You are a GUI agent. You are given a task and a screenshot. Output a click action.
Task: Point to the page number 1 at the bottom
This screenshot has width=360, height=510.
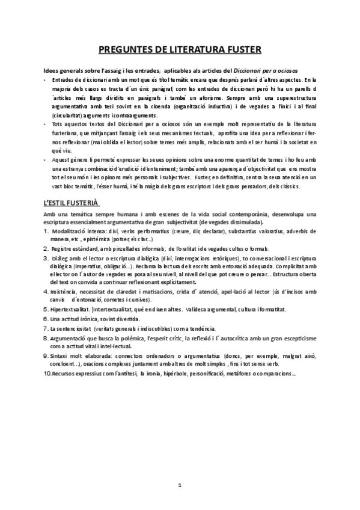[180, 485]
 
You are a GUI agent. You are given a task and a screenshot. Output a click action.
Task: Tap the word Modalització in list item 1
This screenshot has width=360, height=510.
[72, 231]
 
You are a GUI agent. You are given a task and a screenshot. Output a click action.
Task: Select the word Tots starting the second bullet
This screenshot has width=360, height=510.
[58, 123]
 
